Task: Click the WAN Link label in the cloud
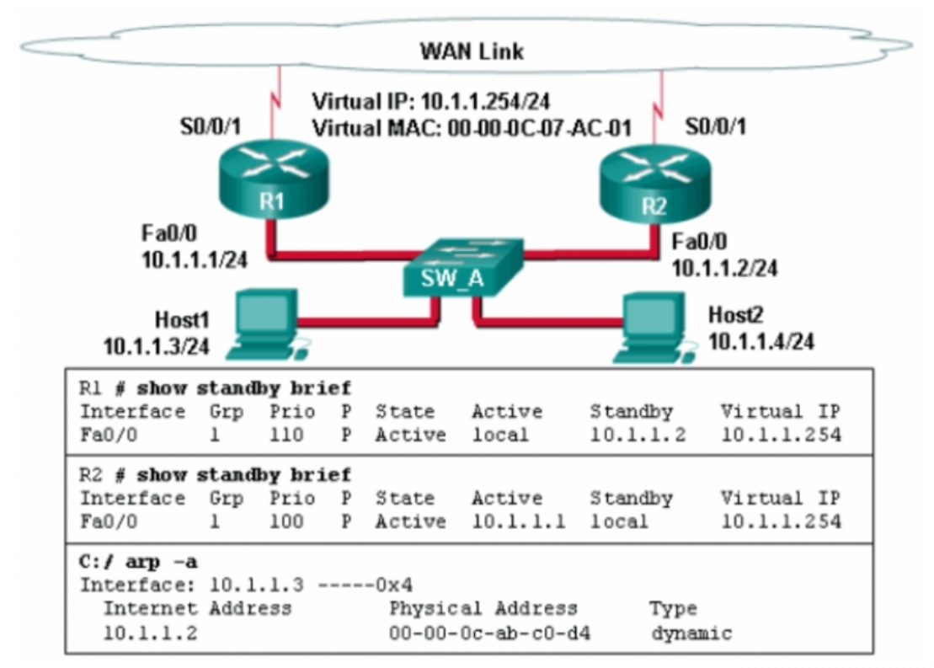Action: [x=471, y=51]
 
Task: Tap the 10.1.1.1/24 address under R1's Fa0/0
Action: [x=195, y=259]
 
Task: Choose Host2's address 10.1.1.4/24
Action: [x=761, y=341]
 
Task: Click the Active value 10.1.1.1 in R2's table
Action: [x=518, y=521]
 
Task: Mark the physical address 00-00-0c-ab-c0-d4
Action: [x=489, y=633]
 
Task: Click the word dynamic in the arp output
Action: [x=691, y=633]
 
